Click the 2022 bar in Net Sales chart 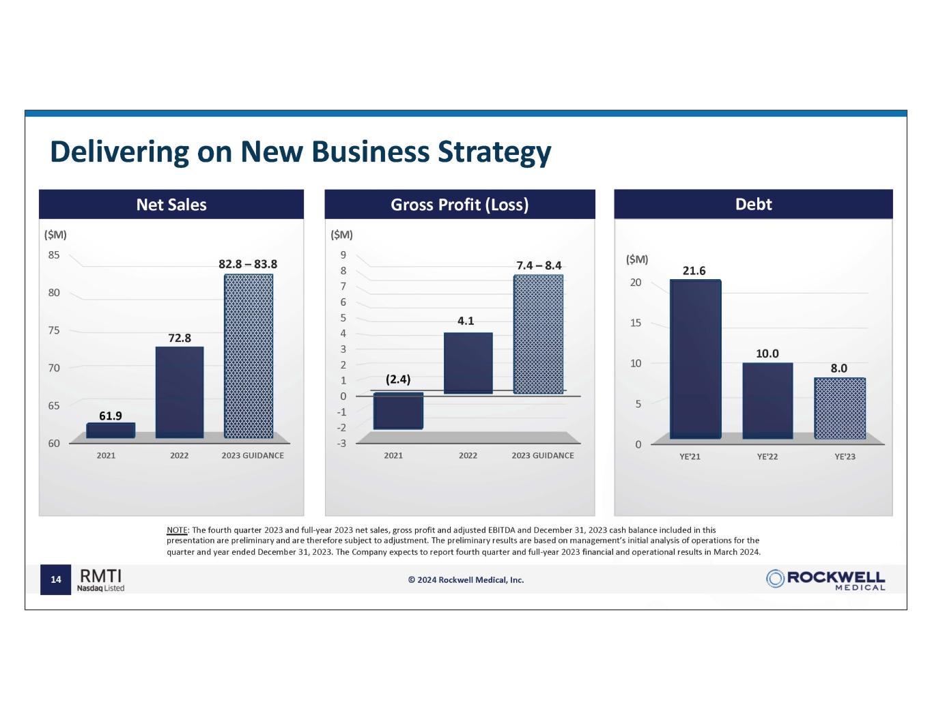pyautogui.click(x=180, y=392)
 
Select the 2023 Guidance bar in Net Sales pyautogui.click(x=249, y=356)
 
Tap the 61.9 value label pyautogui.click(x=111, y=415)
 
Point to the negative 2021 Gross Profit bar pyautogui.click(x=399, y=411)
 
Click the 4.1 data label pyautogui.click(x=466, y=320)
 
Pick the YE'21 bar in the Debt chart pyautogui.click(x=695, y=358)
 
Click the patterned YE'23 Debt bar pyautogui.click(x=840, y=408)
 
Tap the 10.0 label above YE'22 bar pyautogui.click(x=767, y=354)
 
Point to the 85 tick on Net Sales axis pyautogui.click(x=54, y=255)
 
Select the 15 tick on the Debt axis pyautogui.click(x=635, y=323)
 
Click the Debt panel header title pyautogui.click(x=753, y=204)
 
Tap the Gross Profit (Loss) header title pyautogui.click(x=460, y=205)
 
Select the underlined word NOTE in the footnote pyautogui.click(x=177, y=530)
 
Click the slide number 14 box pyautogui.click(x=56, y=580)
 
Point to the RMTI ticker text pyautogui.click(x=100, y=575)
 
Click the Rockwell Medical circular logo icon pyautogui.click(x=775, y=579)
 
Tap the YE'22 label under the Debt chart pyautogui.click(x=767, y=457)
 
